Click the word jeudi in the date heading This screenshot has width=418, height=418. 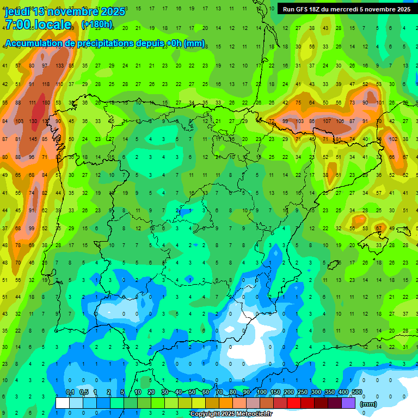17,11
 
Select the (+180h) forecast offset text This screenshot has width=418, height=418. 97,24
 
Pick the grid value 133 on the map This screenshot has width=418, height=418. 59,66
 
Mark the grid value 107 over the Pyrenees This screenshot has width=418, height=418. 327,121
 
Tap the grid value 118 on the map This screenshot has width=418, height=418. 46,84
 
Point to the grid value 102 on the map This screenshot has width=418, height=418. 393,139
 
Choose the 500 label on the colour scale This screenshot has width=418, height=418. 356,392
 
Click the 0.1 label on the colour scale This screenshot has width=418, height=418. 70,392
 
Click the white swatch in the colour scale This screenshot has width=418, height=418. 63,403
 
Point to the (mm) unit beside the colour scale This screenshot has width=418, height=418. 369,404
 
